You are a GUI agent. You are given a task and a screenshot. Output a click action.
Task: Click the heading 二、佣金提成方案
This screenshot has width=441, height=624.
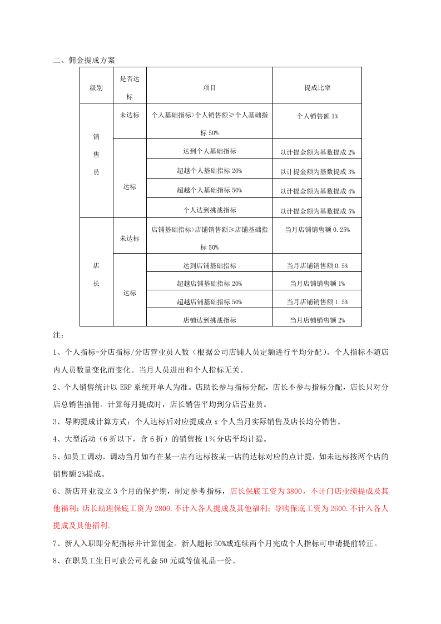(x=84, y=60)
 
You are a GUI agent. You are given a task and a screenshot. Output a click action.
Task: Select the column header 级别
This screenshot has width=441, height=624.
(x=96, y=88)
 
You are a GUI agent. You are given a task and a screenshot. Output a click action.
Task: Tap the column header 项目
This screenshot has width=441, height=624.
(x=209, y=88)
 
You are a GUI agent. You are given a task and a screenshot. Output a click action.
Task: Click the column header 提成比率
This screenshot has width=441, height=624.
(x=317, y=88)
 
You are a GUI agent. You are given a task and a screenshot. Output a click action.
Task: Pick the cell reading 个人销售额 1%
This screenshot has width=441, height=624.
(x=317, y=116)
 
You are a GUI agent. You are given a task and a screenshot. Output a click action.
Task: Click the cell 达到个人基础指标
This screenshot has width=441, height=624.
(x=209, y=151)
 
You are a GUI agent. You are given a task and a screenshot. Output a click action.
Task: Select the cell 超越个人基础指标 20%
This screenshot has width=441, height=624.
(x=209, y=171)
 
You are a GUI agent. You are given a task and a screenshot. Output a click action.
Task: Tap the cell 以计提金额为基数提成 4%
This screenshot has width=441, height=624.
(x=317, y=191)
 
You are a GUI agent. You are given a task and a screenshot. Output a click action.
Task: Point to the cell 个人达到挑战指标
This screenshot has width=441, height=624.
(x=209, y=210)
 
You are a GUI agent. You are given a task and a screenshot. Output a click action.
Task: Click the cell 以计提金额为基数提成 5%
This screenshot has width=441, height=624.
(x=317, y=211)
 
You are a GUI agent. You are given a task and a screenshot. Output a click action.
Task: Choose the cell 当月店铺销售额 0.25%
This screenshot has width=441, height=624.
(x=317, y=229)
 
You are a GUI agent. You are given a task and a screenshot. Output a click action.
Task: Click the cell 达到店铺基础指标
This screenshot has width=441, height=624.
(x=209, y=265)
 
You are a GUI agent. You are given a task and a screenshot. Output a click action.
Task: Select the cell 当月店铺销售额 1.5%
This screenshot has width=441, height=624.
(x=317, y=301)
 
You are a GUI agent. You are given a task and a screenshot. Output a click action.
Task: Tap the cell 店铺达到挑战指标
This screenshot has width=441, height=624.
(x=209, y=320)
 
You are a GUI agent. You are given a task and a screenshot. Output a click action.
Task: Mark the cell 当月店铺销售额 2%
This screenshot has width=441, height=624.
(x=317, y=320)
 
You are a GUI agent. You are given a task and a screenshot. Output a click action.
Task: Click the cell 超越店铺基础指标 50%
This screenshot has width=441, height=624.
(x=209, y=301)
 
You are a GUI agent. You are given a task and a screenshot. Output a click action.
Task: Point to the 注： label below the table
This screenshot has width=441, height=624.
(x=58, y=335)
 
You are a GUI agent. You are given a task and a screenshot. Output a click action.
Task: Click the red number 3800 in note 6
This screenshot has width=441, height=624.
(x=294, y=491)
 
